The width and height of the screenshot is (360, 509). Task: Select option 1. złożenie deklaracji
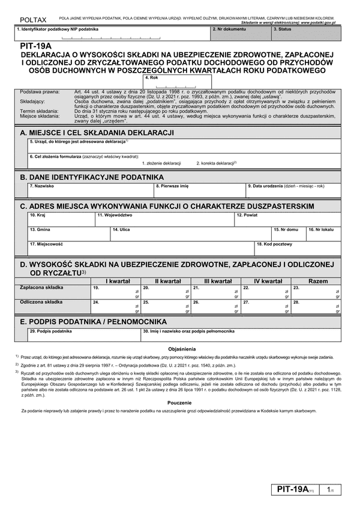(x=161, y=163)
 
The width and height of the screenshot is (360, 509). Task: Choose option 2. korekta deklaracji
(x=216, y=163)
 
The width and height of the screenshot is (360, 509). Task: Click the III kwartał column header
(x=218, y=281)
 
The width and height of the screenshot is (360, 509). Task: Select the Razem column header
(x=317, y=281)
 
